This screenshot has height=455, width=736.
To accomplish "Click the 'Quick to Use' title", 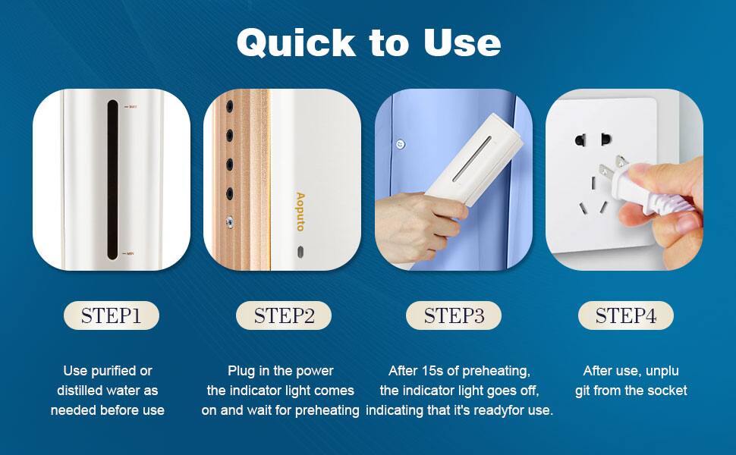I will coord(368,43).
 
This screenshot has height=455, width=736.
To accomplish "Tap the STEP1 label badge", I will coord(111,315).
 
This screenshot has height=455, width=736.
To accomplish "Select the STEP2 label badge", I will coord(283,315).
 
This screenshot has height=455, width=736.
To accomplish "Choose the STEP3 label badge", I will coord(454,315).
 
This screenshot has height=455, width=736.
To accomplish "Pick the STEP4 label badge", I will coord(625,315).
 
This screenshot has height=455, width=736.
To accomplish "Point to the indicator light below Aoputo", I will coord(300,251).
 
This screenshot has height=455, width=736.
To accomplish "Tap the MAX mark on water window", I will coord(131,107).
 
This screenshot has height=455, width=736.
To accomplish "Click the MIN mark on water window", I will coord(131,254).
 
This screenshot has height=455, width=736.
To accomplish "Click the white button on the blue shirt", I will coord(401,144).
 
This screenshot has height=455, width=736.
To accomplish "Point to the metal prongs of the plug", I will coord(621,165).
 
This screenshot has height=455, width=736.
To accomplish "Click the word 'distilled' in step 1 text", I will coord(83,391).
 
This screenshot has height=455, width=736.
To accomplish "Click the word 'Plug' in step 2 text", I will coord(241,371).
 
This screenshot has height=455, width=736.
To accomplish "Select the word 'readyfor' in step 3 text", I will coord(492,410).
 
